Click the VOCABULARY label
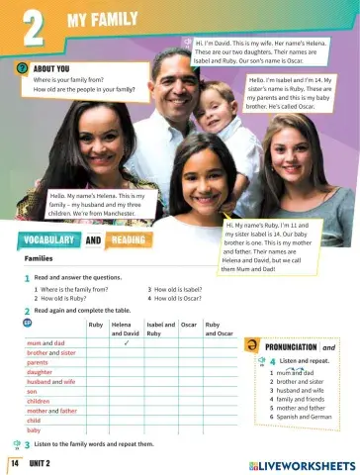(x=46, y=240)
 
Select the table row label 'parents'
(x=39, y=362)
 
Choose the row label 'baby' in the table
(x=35, y=430)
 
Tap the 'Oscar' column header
(x=190, y=325)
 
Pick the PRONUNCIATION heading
(x=292, y=347)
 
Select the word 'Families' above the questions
(x=39, y=258)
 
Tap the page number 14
(x=15, y=462)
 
